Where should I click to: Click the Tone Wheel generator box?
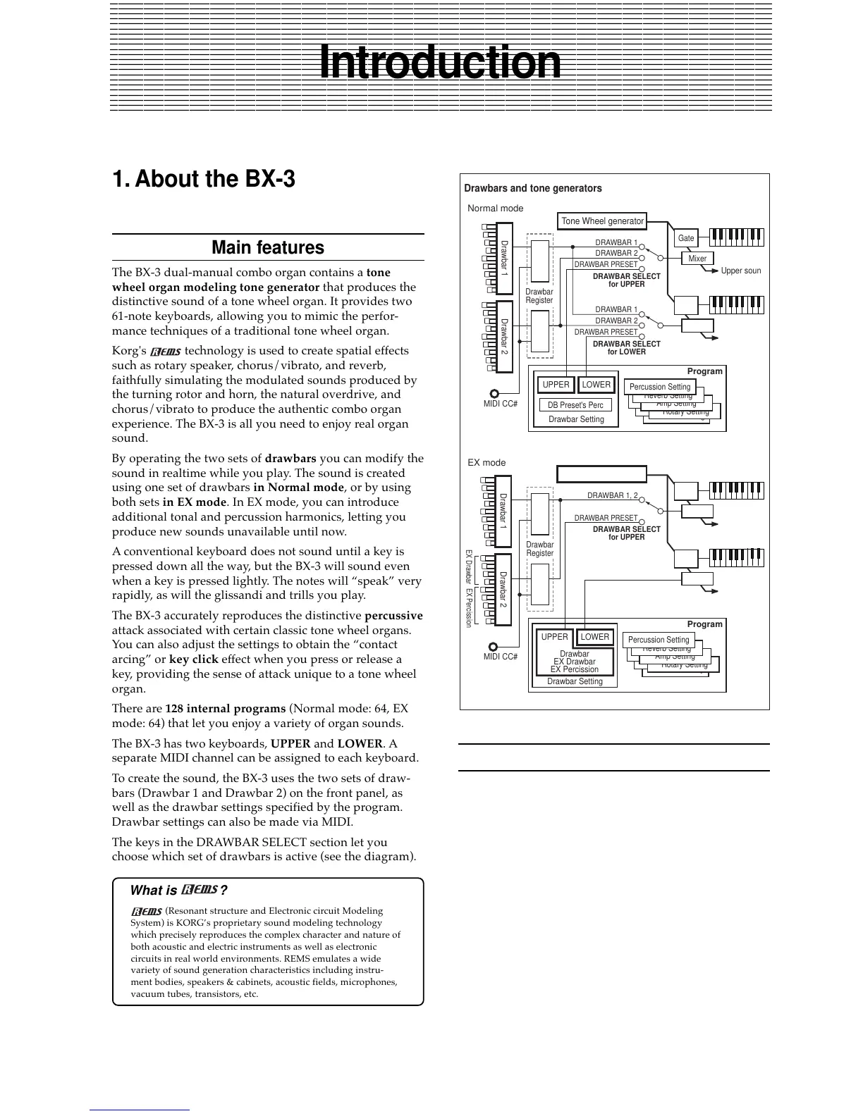click(x=602, y=221)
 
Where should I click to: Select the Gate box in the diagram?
click(x=686, y=238)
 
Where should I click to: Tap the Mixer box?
click(x=697, y=259)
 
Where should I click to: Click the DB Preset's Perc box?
click(x=575, y=405)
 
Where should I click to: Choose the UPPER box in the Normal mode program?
click(x=556, y=385)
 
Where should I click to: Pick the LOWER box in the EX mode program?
click(x=595, y=637)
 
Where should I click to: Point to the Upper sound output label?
click(x=740, y=271)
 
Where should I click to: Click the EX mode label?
click(x=486, y=463)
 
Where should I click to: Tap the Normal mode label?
click(x=496, y=209)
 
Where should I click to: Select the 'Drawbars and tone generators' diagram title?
click(x=533, y=188)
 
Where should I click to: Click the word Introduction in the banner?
click(x=440, y=63)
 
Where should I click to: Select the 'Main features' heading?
click(x=268, y=247)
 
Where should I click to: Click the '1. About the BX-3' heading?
click(x=204, y=179)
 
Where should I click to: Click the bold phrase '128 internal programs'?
click(x=226, y=709)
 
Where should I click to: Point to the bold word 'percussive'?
click(x=393, y=616)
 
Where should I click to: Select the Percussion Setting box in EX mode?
click(x=659, y=640)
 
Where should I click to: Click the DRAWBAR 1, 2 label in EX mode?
click(x=612, y=496)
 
